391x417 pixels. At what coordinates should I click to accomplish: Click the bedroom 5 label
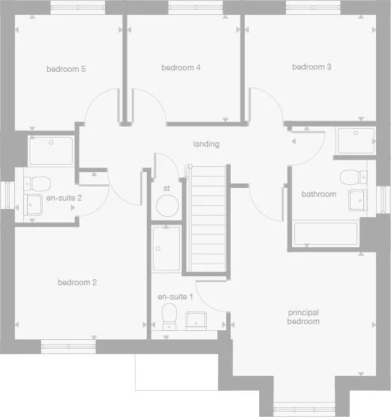(x=66, y=69)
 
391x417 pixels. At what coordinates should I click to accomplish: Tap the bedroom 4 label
(x=181, y=67)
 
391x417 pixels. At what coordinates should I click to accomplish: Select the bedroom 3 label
(x=312, y=67)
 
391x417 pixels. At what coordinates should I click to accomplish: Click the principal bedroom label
(x=303, y=317)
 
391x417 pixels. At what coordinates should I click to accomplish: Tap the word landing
(x=206, y=144)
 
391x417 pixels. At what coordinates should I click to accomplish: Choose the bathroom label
(x=318, y=195)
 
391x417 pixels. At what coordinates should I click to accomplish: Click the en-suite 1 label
(x=175, y=297)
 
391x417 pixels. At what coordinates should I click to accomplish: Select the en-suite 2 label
(x=63, y=198)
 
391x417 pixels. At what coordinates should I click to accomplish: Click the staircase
(x=208, y=221)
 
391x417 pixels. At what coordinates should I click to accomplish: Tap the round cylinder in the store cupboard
(x=166, y=206)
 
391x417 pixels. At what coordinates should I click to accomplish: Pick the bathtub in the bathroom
(x=325, y=234)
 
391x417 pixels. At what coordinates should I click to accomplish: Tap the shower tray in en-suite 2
(x=51, y=150)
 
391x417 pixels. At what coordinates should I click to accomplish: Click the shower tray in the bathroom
(x=355, y=141)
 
